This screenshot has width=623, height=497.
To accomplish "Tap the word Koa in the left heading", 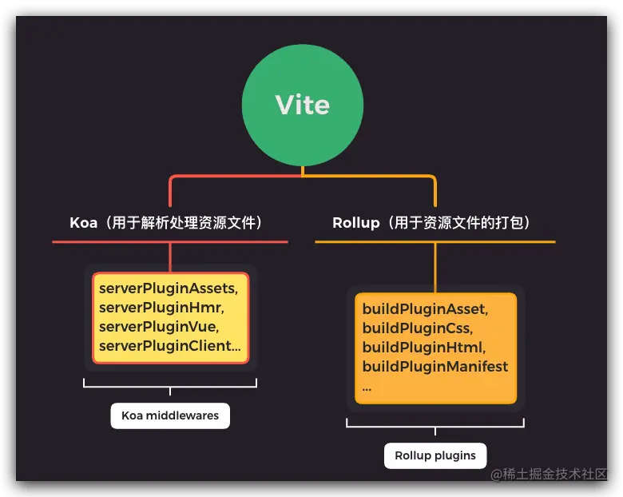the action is tap(83, 222).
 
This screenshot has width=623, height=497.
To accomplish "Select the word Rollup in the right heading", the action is tap(356, 222).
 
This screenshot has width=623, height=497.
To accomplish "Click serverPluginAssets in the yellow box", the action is tap(169, 288).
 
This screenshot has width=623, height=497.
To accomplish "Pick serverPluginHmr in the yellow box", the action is tap(161, 307).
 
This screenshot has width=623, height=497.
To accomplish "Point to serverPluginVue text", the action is tap(159, 326).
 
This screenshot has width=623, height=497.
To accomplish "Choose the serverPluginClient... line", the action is tap(169, 345).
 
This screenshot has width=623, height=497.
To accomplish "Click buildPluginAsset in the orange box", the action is tap(425, 308).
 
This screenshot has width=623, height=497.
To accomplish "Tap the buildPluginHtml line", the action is tap(423, 348).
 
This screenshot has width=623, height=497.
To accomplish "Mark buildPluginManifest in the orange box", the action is tap(435, 367).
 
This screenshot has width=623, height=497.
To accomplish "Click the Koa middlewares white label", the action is tap(170, 415).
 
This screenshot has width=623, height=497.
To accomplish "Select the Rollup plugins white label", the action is tap(435, 455).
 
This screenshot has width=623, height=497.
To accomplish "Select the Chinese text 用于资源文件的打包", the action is tap(458, 222).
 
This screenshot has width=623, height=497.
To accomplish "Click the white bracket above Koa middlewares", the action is tap(170, 386).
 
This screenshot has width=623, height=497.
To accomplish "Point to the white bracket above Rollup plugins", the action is tap(435, 426).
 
